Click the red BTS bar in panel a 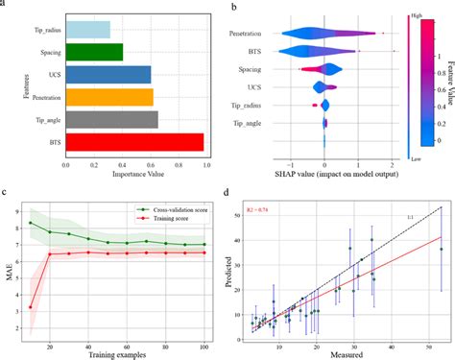(x=134, y=142)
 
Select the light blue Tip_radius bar (x=87, y=29)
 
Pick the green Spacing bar (x=94, y=52)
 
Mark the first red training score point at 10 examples (x=31, y=307)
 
